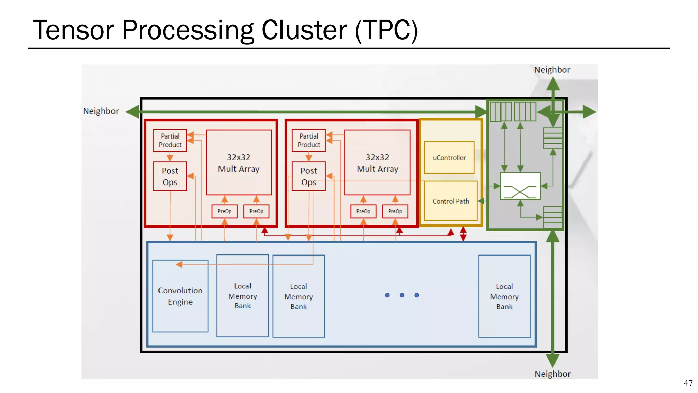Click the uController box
[449, 158]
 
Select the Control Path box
[451, 201]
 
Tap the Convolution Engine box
[180, 296]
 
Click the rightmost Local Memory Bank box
[504, 296]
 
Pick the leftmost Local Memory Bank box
[242, 296]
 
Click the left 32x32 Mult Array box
[239, 163]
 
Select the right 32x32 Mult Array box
[377, 163]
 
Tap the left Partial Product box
[170, 140]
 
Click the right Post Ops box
[308, 176]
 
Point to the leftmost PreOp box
[224, 211]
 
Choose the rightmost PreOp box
[395, 211]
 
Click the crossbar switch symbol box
[520, 186]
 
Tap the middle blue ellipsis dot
[402, 295]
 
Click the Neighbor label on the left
[101, 111]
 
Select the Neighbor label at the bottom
[552, 374]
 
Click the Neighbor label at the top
[552, 70]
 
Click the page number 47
[688, 383]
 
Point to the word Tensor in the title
[73, 30]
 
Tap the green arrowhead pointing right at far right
[589, 112]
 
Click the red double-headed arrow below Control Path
[463, 234]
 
